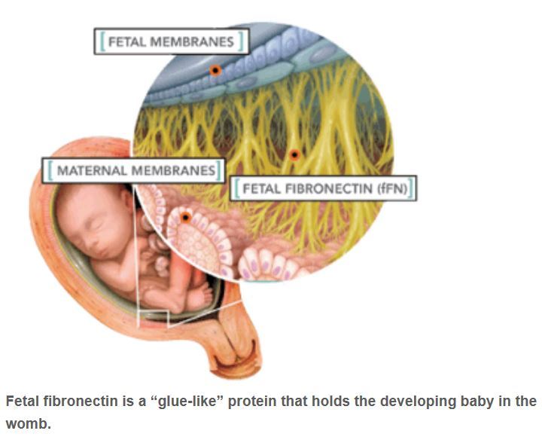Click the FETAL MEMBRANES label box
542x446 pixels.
pos(172,41)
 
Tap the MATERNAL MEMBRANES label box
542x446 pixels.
pos(134,170)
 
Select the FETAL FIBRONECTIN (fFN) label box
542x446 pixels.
pos(324,188)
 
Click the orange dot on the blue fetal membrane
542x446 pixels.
pos(215,71)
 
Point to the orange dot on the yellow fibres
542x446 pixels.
pos(294,154)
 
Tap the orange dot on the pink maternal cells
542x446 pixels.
pos(185,218)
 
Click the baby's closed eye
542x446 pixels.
pos(90,227)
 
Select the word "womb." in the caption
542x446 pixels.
pos(29,423)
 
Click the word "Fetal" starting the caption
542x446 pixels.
pos(23,402)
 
